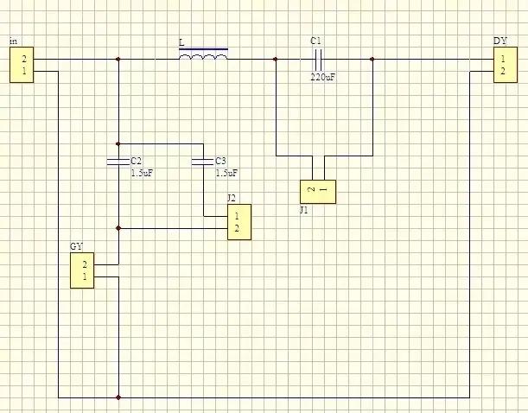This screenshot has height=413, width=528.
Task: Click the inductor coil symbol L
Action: click(203, 54)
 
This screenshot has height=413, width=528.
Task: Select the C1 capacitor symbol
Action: click(318, 60)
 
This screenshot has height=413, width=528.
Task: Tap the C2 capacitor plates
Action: click(118, 162)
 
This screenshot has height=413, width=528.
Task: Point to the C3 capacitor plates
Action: click(203, 162)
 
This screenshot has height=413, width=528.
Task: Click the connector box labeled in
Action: click(22, 65)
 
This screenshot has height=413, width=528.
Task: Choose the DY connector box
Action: click(506, 65)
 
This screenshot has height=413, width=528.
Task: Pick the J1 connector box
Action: click(318, 192)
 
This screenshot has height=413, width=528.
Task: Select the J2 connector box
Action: click(239, 222)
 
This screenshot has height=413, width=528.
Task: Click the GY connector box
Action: click(82, 270)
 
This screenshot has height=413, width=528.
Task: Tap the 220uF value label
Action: click(322, 77)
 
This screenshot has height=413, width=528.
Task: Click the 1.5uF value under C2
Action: click(142, 173)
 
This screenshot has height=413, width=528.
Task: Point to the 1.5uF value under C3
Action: click(226, 173)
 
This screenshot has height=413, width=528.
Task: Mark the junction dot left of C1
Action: click(276, 60)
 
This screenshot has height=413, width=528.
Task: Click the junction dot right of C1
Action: click(372, 60)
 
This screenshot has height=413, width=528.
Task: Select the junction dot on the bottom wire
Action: click(118, 397)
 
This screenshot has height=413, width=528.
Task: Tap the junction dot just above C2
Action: click(118, 143)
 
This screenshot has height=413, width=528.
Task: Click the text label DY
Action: click(500, 41)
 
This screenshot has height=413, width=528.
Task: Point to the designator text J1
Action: click(303, 210)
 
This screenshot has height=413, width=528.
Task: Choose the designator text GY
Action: click(76, 246)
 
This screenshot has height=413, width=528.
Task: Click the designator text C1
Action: click(315, 41)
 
